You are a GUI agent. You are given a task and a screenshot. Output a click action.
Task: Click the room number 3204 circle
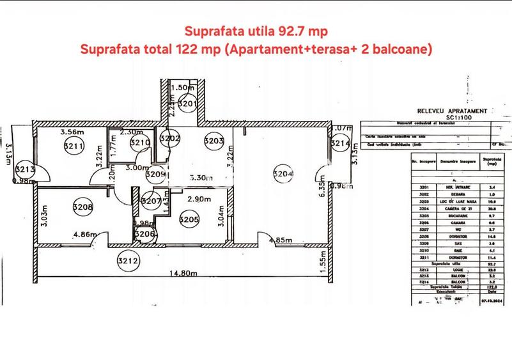(x=283, y=172)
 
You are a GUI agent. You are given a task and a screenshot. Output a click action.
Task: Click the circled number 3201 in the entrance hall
(x=187, y=103)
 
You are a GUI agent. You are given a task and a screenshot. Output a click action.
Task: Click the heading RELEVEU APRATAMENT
(x=452, y=111)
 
